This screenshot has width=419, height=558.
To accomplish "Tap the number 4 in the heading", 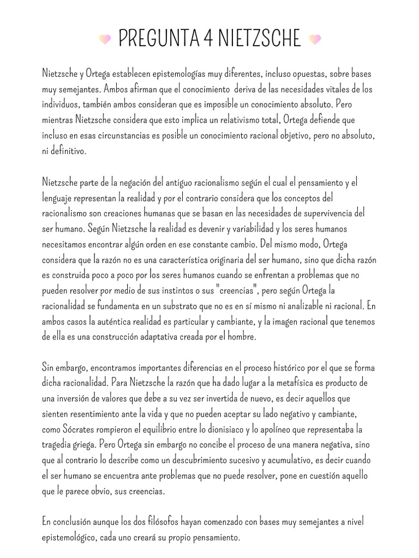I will click(x=212, y=39).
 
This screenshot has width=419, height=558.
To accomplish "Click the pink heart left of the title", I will click(x=104, y=39).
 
